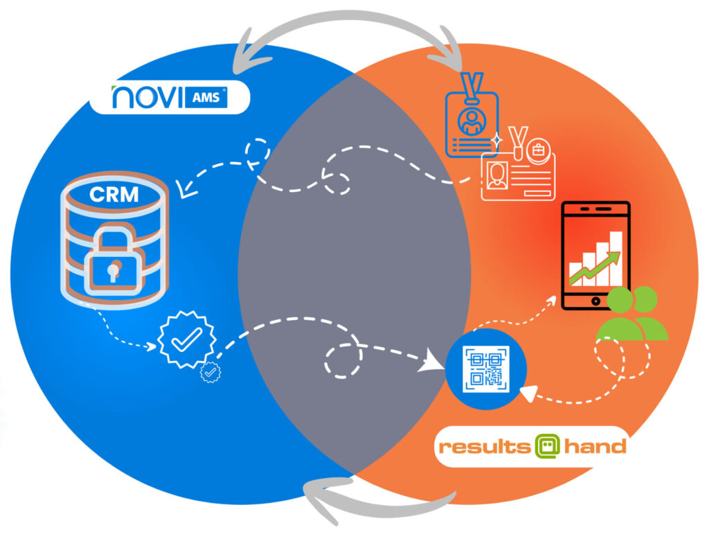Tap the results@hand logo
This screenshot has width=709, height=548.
click(x=531, y=446)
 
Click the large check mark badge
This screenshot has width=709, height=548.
click(x=186, y=338)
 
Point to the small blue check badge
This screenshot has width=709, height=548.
click(x=209, y=372)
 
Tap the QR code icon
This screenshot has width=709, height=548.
click(x=486, y=367)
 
